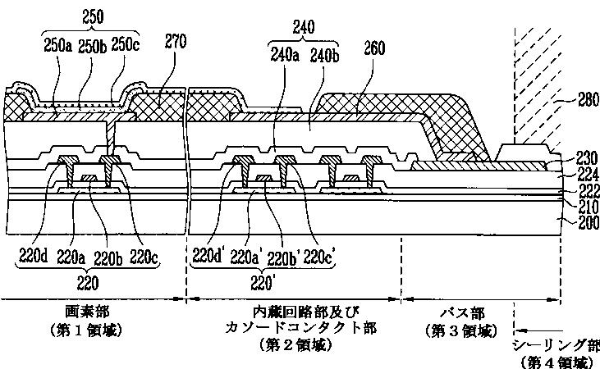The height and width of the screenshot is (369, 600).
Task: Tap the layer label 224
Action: pyautogui.click(x=579, y=173)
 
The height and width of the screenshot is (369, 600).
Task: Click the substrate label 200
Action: pyautogui.click(x=579, y=220)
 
